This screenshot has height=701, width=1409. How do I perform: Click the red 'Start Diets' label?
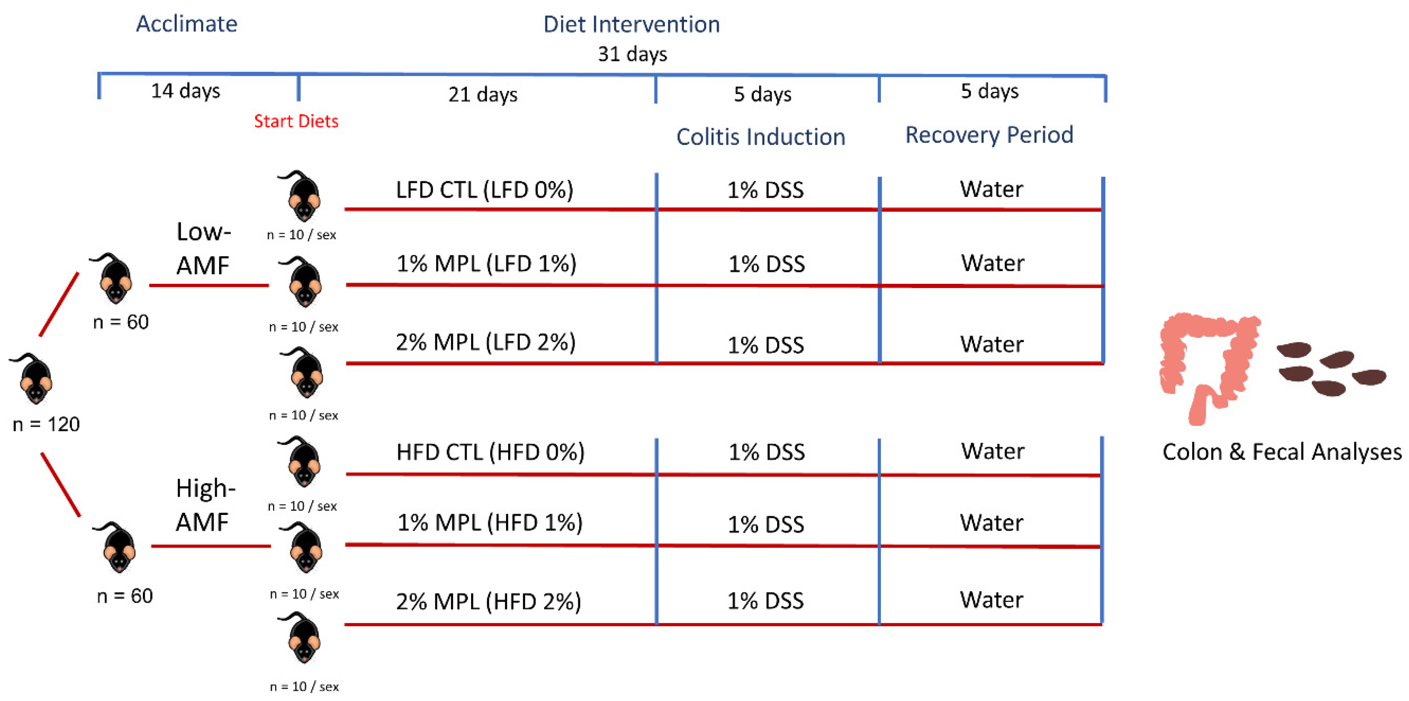[296, 121]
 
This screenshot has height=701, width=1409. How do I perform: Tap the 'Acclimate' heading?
[186, 24]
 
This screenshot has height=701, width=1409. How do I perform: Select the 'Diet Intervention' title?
[631, 24]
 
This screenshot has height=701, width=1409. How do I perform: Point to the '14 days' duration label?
[185, 91]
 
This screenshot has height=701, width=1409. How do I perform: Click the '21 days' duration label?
[482, 95]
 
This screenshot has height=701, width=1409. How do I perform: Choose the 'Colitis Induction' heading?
[760, 137]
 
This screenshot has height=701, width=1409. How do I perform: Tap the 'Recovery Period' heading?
[989, 134]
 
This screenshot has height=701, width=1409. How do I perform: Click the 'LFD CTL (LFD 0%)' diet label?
[484, 190]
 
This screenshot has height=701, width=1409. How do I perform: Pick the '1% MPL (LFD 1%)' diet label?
[486, 264]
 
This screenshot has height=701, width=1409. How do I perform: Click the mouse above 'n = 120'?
[34, 378]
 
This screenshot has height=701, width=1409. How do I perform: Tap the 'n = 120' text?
[46, 424]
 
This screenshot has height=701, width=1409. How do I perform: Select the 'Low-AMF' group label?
[203, 249]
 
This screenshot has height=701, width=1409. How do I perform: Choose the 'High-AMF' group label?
[205, 505]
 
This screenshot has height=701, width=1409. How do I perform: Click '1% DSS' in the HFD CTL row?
[766, 452]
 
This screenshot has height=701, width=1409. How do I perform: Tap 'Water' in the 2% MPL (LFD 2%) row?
[991, 344]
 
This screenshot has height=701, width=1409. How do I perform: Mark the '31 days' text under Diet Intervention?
[632, 54]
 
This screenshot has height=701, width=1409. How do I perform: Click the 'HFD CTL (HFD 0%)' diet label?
[490, 452]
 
